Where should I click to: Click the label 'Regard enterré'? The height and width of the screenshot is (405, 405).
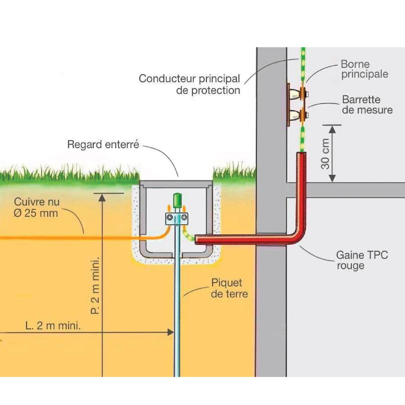[x=103, y=145]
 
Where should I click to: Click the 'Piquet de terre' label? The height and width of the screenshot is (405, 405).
[x=229, y=288]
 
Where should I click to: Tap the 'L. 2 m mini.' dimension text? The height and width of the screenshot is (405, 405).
[x=53, y=326]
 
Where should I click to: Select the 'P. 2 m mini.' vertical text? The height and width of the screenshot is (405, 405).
[x=95, y=285]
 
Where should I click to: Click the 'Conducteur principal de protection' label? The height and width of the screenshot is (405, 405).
[x=189, y=84]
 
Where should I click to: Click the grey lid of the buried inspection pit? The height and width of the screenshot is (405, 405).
[x=176, y=184]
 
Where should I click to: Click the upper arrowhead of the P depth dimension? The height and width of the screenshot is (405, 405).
[x=102, y=197]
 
